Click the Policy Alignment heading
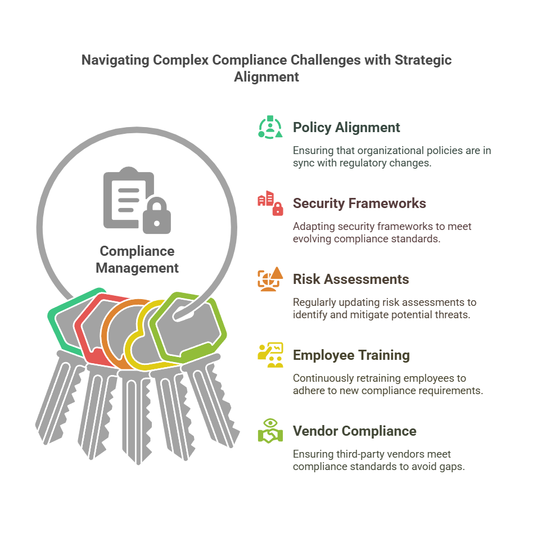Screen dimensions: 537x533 pos(346,128)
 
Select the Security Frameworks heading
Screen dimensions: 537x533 pos(359,204)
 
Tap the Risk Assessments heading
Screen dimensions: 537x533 pos(351,279)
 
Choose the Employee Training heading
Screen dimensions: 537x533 pos(351,355)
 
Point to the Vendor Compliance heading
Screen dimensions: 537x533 pos(354,431)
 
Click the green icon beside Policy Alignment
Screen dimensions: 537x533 pos(270,127)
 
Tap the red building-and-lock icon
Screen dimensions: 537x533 pos(270,203)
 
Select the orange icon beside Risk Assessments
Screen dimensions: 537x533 pos(270,279)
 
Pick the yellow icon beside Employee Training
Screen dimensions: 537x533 pos(270,355)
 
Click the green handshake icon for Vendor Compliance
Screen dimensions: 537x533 pos(270,431)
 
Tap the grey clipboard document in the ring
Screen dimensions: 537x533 pos(128,198)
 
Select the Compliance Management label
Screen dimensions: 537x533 pos(137,260)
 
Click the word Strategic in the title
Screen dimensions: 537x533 pos(423,60)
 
